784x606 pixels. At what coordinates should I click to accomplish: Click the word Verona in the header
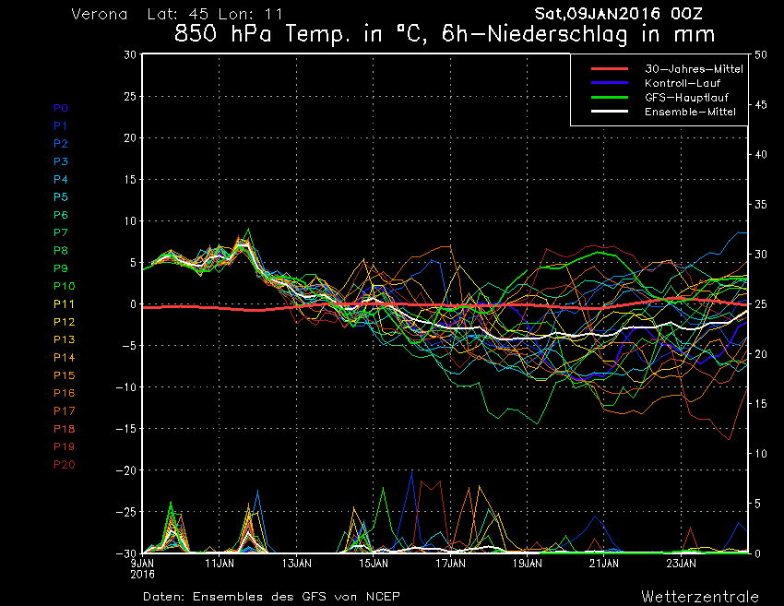coord(99,15)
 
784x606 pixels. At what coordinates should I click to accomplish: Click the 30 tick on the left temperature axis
coord(131,54)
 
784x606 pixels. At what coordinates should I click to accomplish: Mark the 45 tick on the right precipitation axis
coord(761,104)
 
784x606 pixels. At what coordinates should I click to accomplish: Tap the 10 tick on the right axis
coord(761,454)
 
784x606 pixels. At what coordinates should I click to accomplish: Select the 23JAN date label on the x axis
coord(680,563)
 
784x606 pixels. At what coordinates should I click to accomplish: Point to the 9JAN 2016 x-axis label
coord(142,566)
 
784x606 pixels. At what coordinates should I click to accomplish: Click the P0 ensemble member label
coord(60,108)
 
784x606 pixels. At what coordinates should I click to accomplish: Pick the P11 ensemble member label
coord(63,304)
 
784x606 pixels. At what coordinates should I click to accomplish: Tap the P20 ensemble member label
coord(64,464)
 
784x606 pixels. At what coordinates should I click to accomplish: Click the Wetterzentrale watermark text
coord(700,596)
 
